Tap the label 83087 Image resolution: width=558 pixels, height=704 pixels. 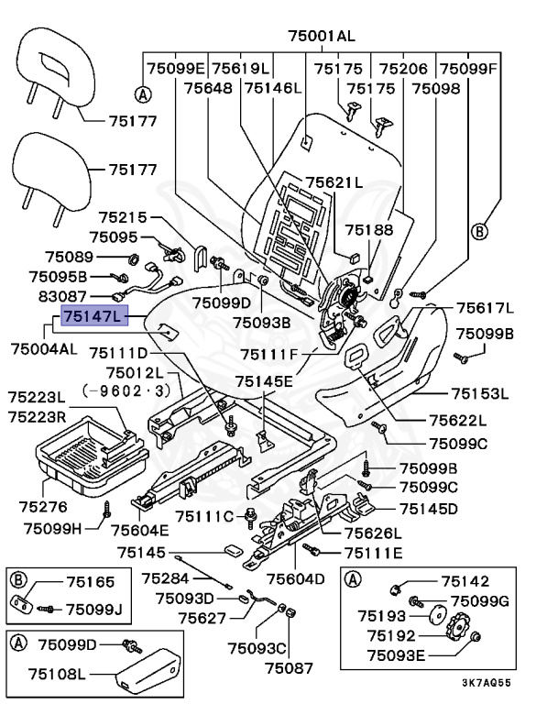[56, 296]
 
